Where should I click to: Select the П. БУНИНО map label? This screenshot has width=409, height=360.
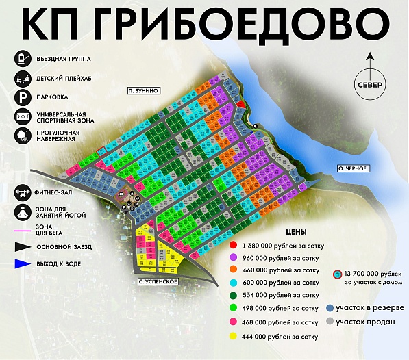(x=144, y=90)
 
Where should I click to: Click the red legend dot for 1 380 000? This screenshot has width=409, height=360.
(x=234, y=244)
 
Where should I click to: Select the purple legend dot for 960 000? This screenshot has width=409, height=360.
(x=234, y=257)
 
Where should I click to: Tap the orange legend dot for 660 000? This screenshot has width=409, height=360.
(x=234, y=270)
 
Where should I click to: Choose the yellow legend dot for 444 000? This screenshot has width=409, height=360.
(x=234, y=336)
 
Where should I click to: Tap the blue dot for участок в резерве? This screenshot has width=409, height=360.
(x=330, y=307)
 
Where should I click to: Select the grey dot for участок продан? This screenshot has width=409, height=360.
(x=330, y=321)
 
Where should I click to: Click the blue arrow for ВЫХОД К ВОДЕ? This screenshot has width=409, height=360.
(x=21, y=263)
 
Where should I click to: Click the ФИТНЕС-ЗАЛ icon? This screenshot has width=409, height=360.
(x=22, y=192)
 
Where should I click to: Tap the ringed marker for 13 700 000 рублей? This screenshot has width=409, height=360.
(x=336, y=275)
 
